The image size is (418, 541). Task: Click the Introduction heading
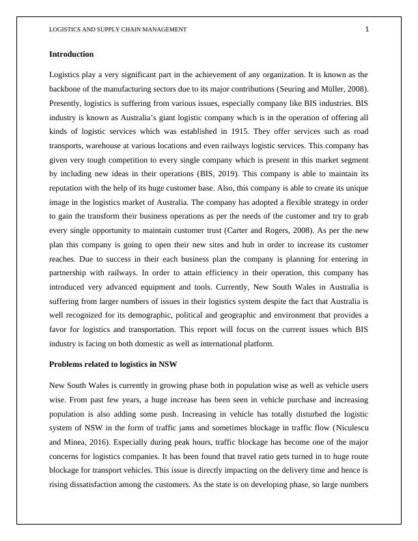(x=71, y=54)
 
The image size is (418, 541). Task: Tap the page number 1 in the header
(x=367, y=29)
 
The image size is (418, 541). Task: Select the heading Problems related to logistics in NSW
(x=113, y=364)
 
